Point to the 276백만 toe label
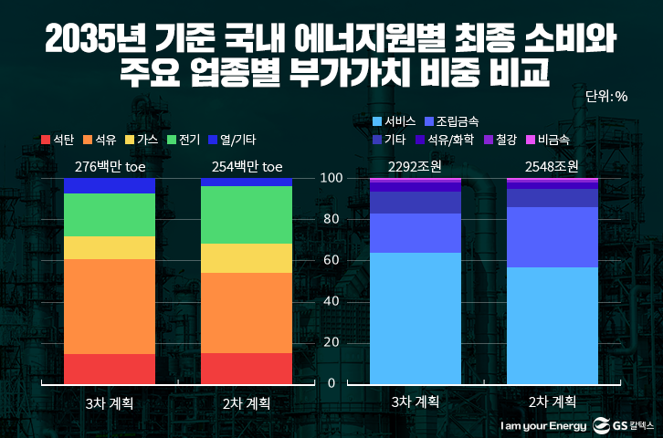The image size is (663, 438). click(109, 166)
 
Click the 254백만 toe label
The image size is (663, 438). click(246, 166)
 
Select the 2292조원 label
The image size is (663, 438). click(415, 166)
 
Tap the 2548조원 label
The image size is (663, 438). click(552, 166)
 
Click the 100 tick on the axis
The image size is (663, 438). click(331, 178)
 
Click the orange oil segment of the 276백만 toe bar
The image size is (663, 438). click(109, 306)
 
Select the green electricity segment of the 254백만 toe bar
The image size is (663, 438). click(246, 214)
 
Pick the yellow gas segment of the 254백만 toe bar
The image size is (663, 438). click(246, 258)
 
